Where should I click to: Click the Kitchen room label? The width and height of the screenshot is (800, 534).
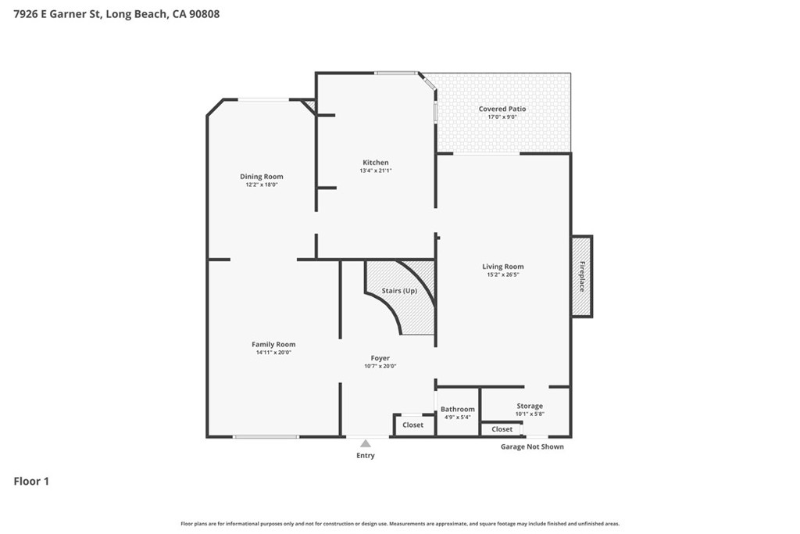point(376,163)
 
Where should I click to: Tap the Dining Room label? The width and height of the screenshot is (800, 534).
point(261,177)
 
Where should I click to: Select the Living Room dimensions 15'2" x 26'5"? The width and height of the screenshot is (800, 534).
point(503,274)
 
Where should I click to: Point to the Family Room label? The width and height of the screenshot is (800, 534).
point(273,345)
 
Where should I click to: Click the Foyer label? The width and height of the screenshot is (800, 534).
point(380,358)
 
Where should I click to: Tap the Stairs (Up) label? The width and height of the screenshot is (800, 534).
point(399,291)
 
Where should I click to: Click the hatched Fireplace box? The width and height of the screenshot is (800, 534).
point(581,276)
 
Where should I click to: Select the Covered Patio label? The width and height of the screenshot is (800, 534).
point(502,109)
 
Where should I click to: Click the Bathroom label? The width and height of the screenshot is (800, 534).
point(458,409)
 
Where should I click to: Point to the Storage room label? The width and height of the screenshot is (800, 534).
point(530,406)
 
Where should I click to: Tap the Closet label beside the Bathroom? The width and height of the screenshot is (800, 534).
point(412,425)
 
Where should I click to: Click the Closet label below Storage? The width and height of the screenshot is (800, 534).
point(502,429)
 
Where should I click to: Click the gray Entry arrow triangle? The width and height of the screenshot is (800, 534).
point(366,443)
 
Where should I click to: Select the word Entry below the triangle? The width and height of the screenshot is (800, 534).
point(366,455)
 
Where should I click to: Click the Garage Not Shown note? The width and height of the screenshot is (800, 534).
point(532,446)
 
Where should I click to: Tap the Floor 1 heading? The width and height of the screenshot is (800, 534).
point(31,482)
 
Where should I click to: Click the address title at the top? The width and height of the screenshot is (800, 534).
point(117,14)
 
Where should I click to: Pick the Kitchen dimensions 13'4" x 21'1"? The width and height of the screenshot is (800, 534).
point(376,170)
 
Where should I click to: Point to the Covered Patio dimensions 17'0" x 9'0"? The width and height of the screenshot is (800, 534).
point(502,117)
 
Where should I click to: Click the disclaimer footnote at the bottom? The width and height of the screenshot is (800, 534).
point(400,524)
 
